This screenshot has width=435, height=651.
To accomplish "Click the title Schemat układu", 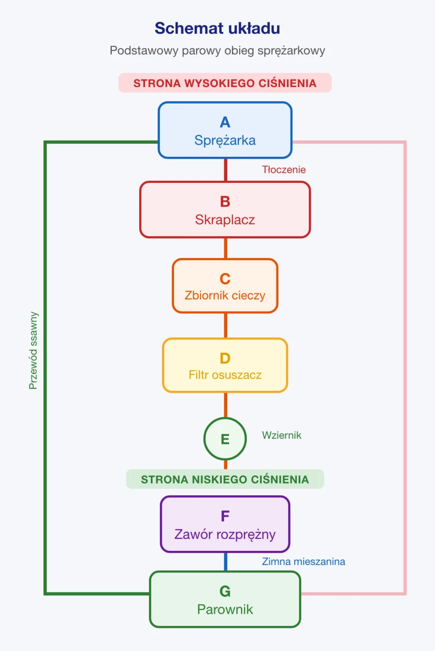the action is pos(217,29).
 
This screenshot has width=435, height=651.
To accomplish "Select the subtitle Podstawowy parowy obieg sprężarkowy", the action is pos(217,51).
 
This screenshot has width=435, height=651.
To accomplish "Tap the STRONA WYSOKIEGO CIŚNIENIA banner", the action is pos(225,83).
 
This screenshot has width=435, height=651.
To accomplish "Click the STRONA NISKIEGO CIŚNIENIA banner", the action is pos(225,479).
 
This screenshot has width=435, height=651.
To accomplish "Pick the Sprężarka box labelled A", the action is pos(225,130).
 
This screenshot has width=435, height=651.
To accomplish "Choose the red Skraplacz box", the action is pos(225,209).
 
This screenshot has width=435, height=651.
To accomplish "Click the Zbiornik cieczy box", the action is pos(225,286).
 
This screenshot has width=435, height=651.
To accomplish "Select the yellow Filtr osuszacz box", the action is pos(225,365).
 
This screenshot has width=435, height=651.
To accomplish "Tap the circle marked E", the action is pos(225,439).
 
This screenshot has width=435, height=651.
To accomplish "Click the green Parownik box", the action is pos(225,599).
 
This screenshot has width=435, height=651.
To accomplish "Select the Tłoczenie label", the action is pos(284,169).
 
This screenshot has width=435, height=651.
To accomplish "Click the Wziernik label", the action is pos(282,435).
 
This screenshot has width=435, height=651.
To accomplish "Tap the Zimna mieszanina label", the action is pos(304,561).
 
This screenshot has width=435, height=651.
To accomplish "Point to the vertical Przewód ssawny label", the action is pos(33,351).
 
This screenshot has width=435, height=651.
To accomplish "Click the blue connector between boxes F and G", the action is pos(226,562).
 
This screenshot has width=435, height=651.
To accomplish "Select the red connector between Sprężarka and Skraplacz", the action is pos(226,170).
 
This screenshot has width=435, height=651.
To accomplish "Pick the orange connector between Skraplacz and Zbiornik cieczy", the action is pos(226,248).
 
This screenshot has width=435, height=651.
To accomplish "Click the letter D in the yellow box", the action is pos(225,358).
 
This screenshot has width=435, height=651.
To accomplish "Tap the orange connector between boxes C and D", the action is pos(226,325).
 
